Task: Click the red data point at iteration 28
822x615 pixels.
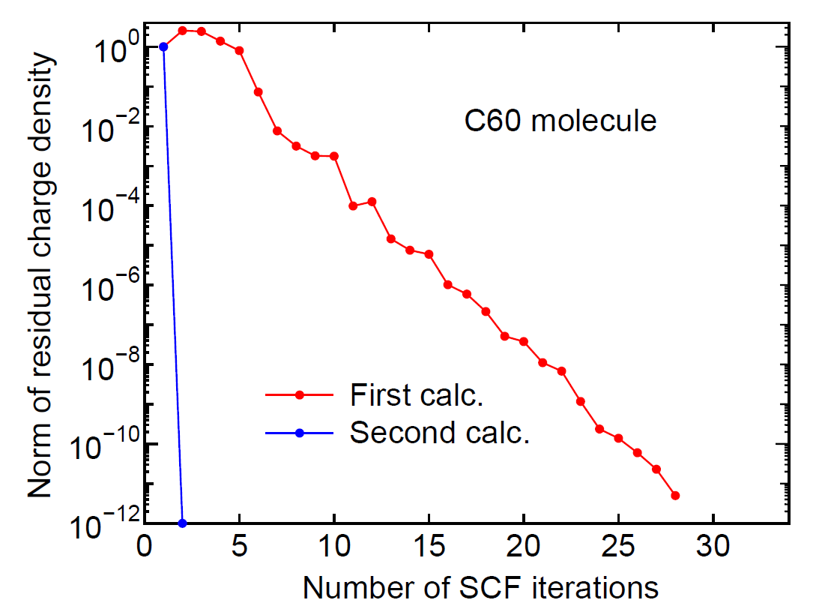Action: [675, 495]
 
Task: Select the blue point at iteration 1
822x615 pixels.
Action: [163, 46]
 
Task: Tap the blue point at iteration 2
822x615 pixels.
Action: [183, 523]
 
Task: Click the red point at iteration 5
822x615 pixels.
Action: [239, 50]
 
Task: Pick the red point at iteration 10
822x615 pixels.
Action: [334, 156]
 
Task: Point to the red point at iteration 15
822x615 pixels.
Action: [429, 254]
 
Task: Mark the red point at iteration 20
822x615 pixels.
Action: [524, 341]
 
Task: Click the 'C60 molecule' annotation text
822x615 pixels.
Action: [558, 121]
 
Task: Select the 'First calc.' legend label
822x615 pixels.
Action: [416, 394]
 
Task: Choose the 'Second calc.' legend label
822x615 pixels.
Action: [440, 433]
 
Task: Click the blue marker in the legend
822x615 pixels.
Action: [298, 433]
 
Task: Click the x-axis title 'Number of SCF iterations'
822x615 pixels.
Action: [480, 587]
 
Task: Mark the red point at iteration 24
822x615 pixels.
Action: [599, 429]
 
